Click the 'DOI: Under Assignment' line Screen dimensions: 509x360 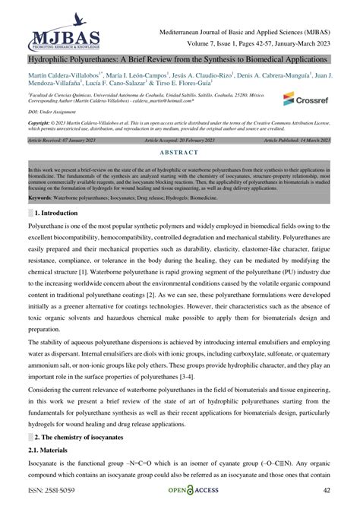52,112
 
